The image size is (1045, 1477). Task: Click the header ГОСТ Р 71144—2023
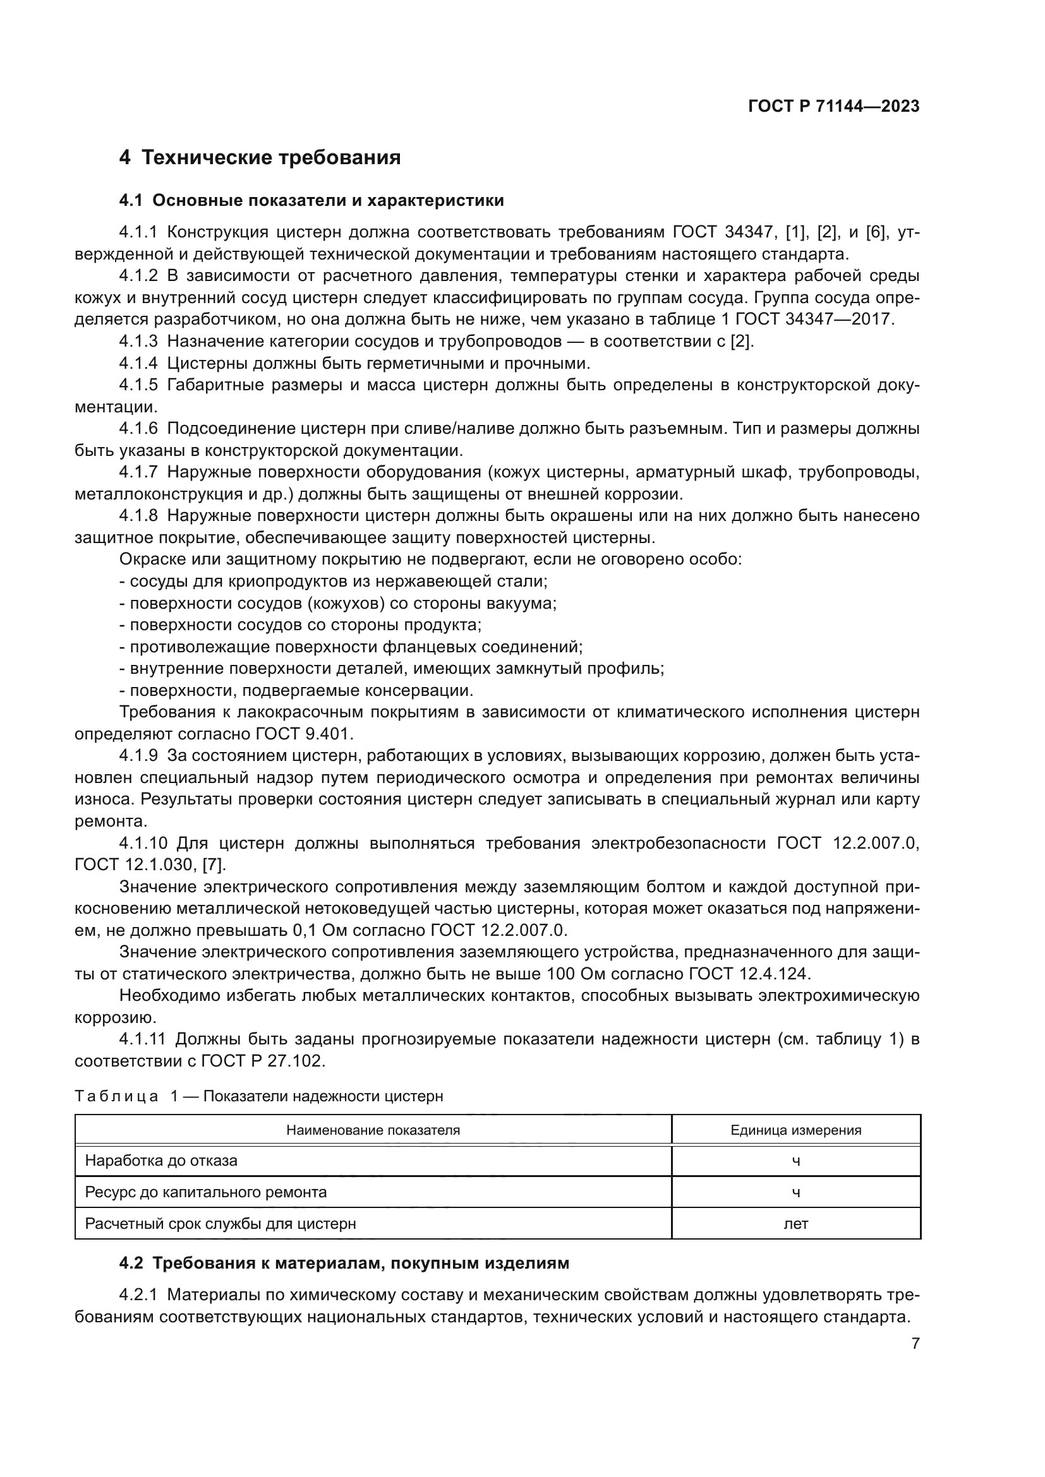point(833,106)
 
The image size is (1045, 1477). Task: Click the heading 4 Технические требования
point(260,158)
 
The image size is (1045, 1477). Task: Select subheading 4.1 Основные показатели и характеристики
point(311,201)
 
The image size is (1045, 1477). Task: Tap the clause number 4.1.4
point(138,364)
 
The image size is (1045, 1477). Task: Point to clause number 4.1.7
point(138,472)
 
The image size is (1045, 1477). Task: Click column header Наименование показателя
point(373,1130)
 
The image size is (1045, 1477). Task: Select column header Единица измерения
point(795,1130)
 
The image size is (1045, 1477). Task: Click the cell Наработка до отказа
point(161,1161)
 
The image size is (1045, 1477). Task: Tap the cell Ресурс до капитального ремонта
point(206,1192)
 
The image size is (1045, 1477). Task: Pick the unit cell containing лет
point(795,1224)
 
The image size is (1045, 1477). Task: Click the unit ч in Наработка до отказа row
point(795,1161)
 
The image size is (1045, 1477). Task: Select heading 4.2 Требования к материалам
point(344,1263)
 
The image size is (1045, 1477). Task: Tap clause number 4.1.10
point(142,843)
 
